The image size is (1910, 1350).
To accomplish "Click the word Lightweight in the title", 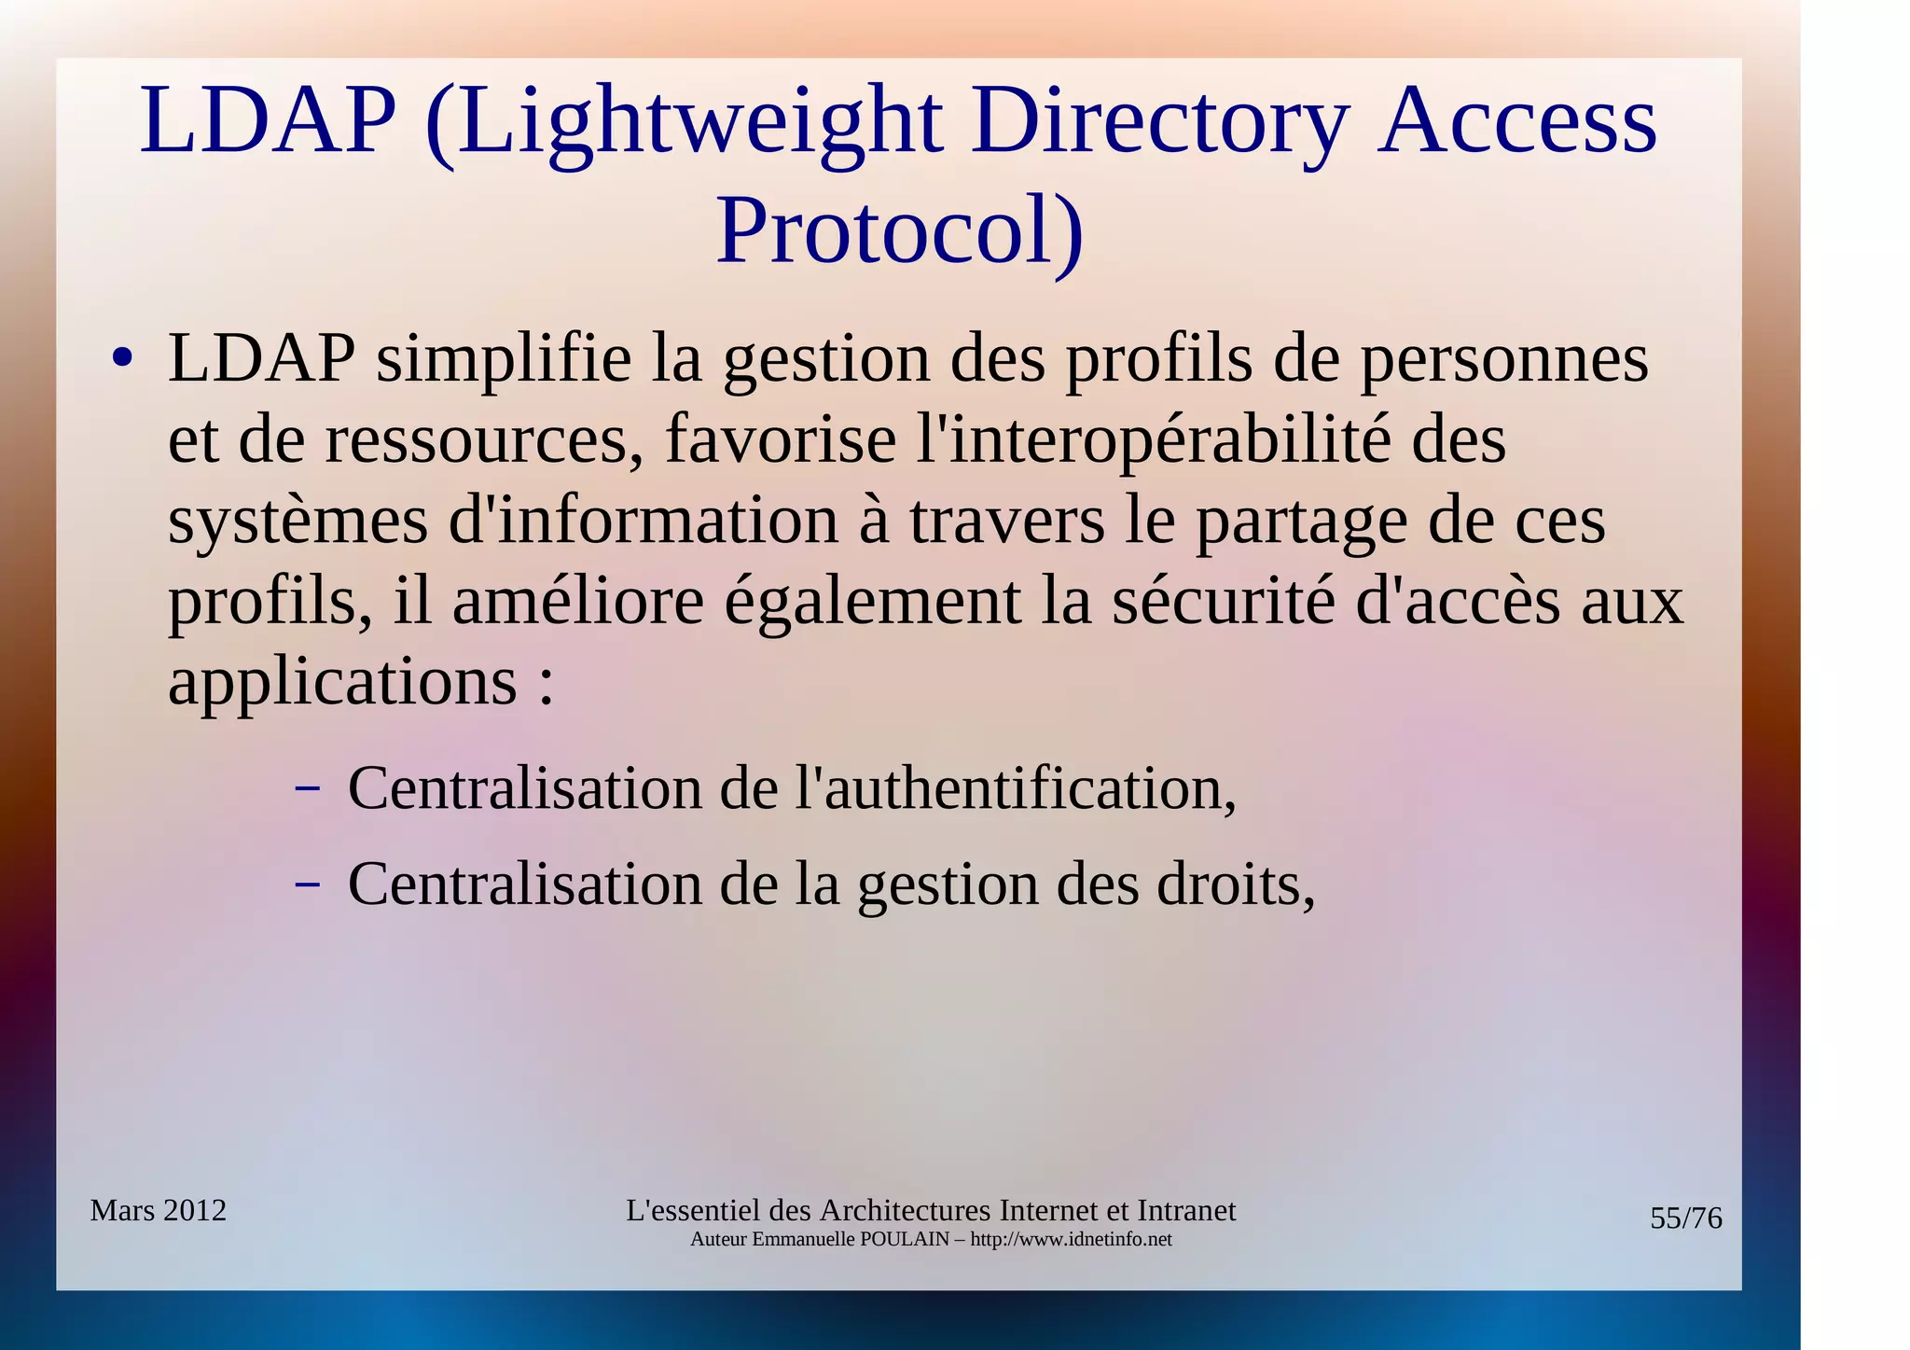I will click(x=698, y=122).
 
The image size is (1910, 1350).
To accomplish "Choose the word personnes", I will click(x=1503, y=359).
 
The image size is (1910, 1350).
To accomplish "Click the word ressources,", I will click(x=484, y=439).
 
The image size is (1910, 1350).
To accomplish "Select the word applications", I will click(x=342, y=683).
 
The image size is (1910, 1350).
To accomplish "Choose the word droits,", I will click(x=1236, y=884).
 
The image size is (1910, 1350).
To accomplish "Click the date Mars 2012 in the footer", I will click(x=159, y=1211).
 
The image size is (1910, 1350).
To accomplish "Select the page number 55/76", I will click(x=1685, y=1218).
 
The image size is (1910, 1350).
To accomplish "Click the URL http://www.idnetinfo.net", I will click(x=1071, y=1240).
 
